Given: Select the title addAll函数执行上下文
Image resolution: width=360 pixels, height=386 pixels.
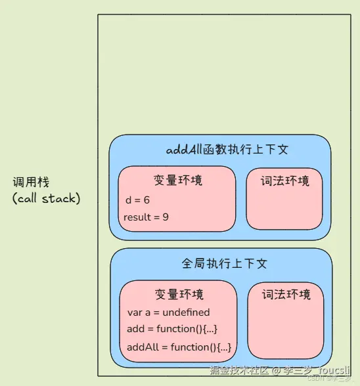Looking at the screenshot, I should click(227, 150).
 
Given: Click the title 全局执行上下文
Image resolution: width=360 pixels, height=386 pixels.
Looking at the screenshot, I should click(225, 263).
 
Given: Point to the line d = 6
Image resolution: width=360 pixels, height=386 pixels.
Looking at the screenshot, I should click(138, 200).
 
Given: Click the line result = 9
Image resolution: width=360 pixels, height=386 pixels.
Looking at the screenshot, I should click(146, 217).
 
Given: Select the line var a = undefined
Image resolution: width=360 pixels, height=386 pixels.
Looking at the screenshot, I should click(169, 312).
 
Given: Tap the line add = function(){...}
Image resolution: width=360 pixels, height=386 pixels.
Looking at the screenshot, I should click(172, 330).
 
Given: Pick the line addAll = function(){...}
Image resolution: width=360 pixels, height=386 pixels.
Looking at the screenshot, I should click(179, 347).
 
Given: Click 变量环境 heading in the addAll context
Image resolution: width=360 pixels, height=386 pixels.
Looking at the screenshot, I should click(177, 180).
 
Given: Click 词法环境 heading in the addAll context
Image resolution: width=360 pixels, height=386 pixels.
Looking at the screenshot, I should click(284, 180).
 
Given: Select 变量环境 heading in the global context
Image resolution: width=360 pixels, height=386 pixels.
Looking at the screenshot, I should click(179, 293).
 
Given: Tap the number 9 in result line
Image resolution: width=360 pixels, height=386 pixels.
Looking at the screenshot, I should click(166, 217).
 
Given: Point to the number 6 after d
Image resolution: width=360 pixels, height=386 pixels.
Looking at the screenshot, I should click(146, 200).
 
